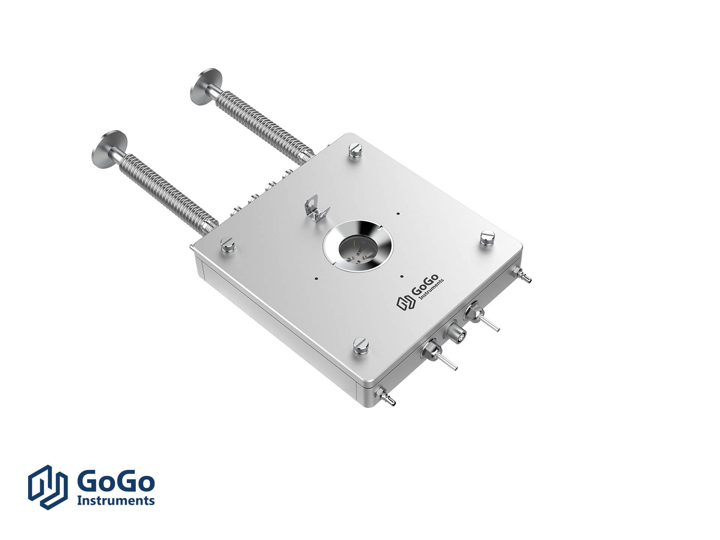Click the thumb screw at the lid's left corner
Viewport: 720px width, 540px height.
[228, 244]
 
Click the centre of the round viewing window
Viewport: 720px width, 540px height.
[357, 249]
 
